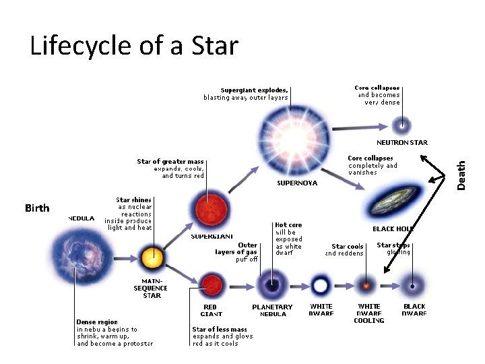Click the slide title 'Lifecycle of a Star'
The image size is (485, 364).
pyautogui.click(x=134, y=46)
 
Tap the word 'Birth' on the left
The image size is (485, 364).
pyautogui.click(x=37, y=208)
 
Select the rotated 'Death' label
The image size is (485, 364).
pyautogui.click(x=461, y=175)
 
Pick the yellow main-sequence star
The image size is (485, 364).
pyautogui.click(x=151, y=257)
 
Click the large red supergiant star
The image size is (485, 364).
pyautogui.click(x=205, y=208)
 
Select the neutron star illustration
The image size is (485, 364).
pyautogui.click(x=402, y=124)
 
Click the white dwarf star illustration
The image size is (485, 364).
pyautogui.click(x=321, y=285)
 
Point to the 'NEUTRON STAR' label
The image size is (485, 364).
pyautogui.click(x=401, y=143)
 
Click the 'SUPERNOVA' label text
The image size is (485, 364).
pyautogui.click(x=297, y=183)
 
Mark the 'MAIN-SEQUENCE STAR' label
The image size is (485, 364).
pyautogui.click(x=151, y=288)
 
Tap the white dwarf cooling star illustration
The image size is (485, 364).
pyautogui.click(x=367, y=284)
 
